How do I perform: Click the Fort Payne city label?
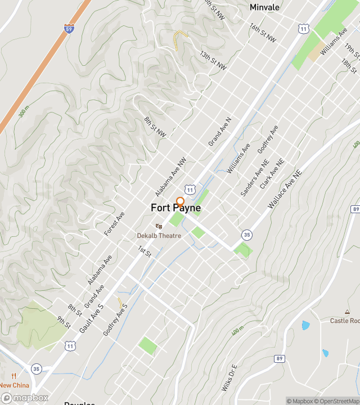point(175,208)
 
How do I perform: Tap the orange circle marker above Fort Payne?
point(181,201)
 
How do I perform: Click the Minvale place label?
point(264,7)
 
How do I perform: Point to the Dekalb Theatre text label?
point(159,235)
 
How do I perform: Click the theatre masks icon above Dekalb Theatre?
point(159,226)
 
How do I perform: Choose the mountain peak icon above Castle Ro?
point(347,312)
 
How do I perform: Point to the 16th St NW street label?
point(263,33)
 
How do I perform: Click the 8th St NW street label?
point(155,127)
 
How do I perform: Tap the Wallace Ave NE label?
point(285,191)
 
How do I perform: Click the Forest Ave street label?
point(114,224)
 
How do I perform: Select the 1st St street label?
point(145,251)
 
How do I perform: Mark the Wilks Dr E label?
point(230,379)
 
